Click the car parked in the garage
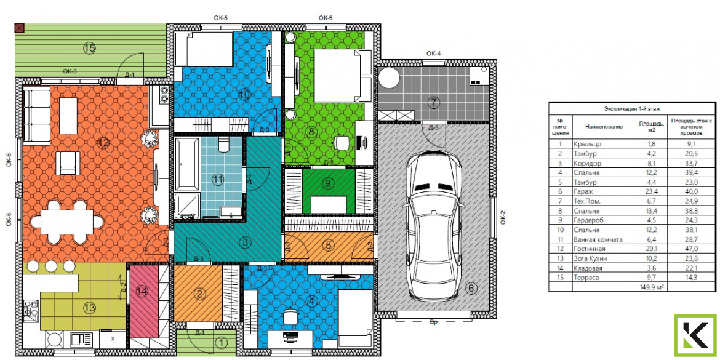tap(434, 225)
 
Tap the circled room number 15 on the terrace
tap(90, 47)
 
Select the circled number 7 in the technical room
tap(433, 102)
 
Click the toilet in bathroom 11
tap(223, 144)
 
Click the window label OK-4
tap(433, 54)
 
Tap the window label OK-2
tap(502, 216)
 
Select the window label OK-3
tap(70, 71)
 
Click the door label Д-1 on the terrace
tap(129, 75)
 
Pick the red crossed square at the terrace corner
tap(19, 28)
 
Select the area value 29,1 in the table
tap(644, 249)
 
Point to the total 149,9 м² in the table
tap(649, 287)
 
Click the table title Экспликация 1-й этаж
tap(633, 108)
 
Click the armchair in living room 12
tap(68, 163)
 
